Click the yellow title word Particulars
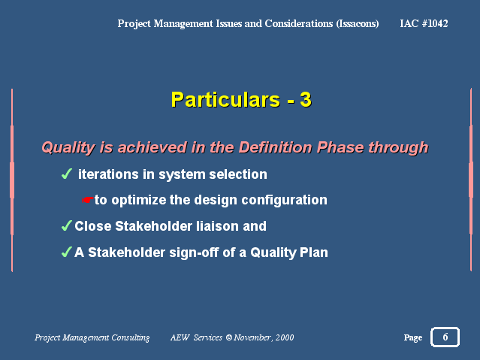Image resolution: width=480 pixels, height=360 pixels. coord(225,99)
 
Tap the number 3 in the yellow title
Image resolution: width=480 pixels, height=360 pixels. coord(306,99)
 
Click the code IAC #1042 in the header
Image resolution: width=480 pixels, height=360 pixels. coord(424,23)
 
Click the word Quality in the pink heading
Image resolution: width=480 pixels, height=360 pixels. coord(68,147)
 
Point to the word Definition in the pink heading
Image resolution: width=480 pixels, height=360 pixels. coord(276,147)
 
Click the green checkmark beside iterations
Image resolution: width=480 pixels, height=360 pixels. coord(67,174)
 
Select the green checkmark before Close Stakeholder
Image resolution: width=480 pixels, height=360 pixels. coord(67,225)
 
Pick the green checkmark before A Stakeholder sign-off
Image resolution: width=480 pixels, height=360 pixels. coord(67,253)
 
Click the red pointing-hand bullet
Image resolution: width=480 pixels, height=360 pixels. coord(88,200)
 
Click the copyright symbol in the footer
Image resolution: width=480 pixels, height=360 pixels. coord(228,337)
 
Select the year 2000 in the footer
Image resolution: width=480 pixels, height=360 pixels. coord(285,337)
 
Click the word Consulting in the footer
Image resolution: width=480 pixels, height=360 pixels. coord(131,337)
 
